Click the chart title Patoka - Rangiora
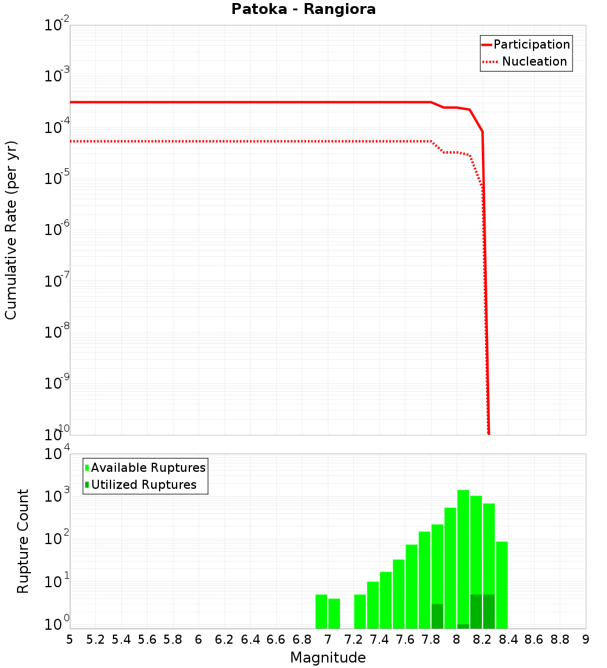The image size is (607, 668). pyautogui.click(x=303, y=10)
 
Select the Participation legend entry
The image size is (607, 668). pyautogui.click(x=531, y=45)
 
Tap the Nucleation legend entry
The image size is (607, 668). pyautogui.click(x=534, y=62)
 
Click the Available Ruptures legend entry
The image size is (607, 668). pyautogui.click(x=148, y=468)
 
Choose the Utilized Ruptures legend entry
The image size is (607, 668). pyautogui.click(x=143, y=485)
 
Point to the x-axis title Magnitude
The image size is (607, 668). pyautogui.click(x=328, y=658)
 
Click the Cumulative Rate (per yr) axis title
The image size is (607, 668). pyautogui.click(x=11, y=230)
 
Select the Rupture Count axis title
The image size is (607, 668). pyautogui.click(x=23, y=541)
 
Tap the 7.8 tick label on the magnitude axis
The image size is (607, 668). pyautogui.click(x=431, y=639)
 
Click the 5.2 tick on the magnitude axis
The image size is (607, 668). pyautogui.click(x=96, y=639)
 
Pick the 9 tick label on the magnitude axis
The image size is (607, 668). pyautogui.click(x=586, y=639)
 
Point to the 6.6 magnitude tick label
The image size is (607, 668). pyautogui.click(x=276, y=639)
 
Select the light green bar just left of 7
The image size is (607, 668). pyautogui.click(x=321, y=612)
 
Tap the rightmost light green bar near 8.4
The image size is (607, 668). pyautogui.click(x=502, y=585)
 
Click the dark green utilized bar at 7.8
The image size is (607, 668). pyautogui.click(x=437, y=616)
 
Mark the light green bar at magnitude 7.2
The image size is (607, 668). pyautogui.click(x=360, y=612)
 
